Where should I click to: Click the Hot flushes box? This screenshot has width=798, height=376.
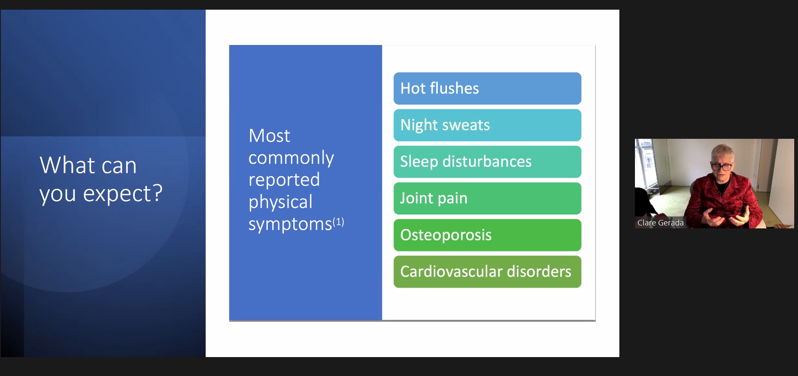(x=487, y=88)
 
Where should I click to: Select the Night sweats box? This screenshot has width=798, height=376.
(x=487, y=125)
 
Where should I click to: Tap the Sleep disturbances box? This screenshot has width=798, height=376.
(x=487, y=162)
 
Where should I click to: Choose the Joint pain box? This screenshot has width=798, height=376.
(x=487, y=198)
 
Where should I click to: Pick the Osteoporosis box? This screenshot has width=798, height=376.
(x=487, y=235)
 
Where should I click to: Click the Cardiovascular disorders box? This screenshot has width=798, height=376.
(x=487, y=272)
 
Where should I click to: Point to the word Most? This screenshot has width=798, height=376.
(x=269, y=136)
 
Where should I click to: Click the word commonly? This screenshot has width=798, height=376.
(x=291, y=158)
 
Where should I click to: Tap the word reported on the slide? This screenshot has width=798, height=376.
(x=284, y=180)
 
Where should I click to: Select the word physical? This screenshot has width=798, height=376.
(x=281, y=202)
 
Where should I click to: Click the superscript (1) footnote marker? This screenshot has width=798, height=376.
(x=338, y=222)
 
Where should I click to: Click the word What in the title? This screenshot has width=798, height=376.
(x=67, y=165)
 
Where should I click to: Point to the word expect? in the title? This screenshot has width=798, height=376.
(x=123, y=194)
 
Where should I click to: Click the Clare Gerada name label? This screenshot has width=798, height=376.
(x=660, y=223)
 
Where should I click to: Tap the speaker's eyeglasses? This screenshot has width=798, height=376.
(x=722, y=167)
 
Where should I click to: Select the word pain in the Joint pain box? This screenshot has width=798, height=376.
(x=453, y=199)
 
